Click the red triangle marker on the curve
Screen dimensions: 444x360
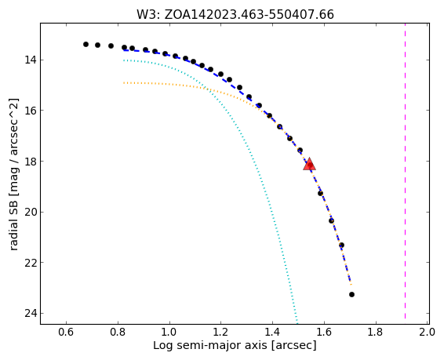[x=309, y=165]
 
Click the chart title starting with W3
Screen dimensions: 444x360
[x=235, y=14]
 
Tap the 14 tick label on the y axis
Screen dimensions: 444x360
[x=31, y=60]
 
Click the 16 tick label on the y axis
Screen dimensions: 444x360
[x=31, y=111]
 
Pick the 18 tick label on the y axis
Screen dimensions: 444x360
[x=31, y=162]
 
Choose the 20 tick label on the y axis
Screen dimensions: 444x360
[x=31, y=212]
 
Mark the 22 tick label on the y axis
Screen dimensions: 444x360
[x=31, y=263]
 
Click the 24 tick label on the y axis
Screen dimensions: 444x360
[x=31, y=313]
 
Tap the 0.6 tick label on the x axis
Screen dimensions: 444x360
[x=66, y=332]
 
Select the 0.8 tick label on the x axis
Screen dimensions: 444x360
[x=118, y=332]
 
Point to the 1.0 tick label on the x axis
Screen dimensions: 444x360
[x=169, y=332]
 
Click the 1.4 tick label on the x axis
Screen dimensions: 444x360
[x=272, y=332]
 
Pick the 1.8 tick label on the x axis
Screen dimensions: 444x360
[x=376, y=332]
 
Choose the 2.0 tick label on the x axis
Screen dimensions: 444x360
[x=427, y=332]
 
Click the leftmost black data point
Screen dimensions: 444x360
[x=86, y=44]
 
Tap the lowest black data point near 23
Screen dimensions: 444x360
[x=351, y=295]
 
